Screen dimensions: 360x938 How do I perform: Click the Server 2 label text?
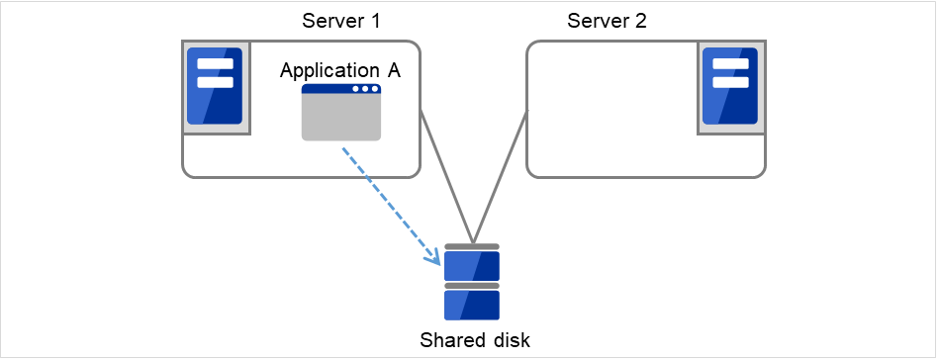[607, 22]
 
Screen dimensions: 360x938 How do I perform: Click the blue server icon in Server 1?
[215, 86]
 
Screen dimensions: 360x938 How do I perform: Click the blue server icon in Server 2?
[729, 86]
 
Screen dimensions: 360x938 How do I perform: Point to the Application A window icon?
[341, 113]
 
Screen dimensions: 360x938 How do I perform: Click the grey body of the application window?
[341, 119]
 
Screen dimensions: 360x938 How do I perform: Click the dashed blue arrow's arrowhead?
[434, 260]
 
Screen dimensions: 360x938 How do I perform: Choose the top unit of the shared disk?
[472, 265]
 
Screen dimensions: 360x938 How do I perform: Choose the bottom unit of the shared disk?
[472, 304]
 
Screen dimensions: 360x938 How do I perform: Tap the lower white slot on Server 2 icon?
[729, 82]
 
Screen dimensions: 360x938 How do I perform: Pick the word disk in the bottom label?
[507, 340]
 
